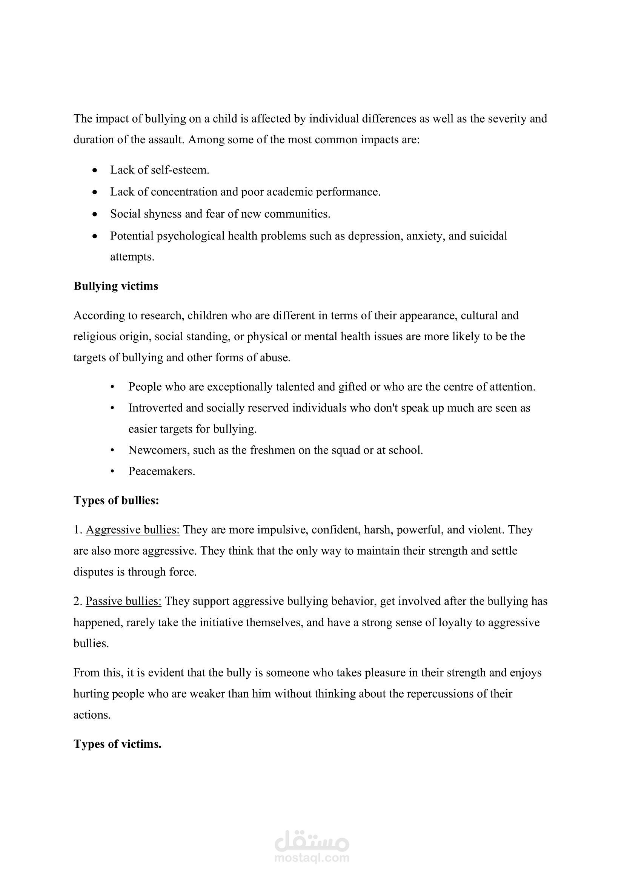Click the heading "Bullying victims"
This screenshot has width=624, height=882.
click(x=116, y=286)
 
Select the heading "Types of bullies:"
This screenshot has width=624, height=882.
click(x=116, y=500)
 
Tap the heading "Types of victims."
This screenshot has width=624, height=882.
click(x=117, y=744)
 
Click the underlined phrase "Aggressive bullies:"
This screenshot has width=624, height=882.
click(x=132, y=530)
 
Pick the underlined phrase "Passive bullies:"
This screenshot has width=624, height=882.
click(x=123, y=601)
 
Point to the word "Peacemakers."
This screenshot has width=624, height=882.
click(x=162, y=471)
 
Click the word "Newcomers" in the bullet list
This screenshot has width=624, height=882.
click(x=158, y=450)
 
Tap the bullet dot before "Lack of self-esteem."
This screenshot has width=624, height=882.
click(x=95, y=170)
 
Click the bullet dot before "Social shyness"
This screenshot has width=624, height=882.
click(x=95, y=214)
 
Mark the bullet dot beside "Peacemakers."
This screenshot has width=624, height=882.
click(x=112, y=471)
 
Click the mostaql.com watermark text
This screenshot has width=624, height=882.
click(x=312, y=857)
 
